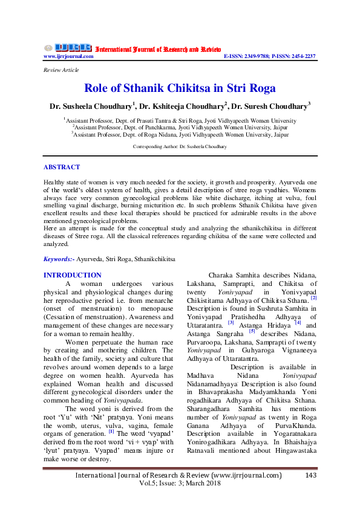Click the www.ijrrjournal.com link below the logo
point(68,56)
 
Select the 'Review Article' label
point(61,70)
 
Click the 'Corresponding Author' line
point(180,147)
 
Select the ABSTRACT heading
point(62,167)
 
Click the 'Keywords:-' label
point(59,259)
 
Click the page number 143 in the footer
point(311,476)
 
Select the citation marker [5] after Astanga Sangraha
point(252,329)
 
